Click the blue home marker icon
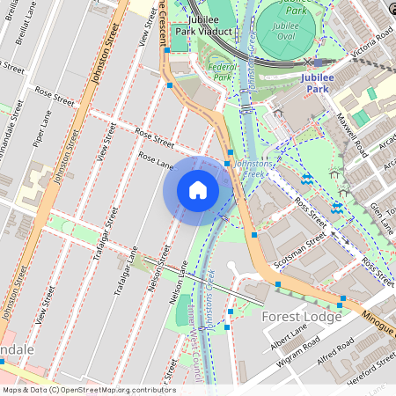point(198,190)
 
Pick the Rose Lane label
point(157,163)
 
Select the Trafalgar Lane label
point(120,272)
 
